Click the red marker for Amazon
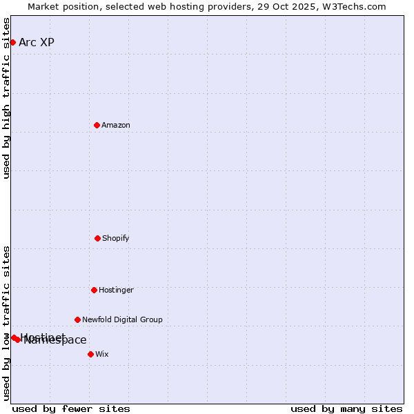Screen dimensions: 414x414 point(97,125)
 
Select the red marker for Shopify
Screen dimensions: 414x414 point(97,238)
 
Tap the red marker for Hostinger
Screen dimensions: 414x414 point(94,290)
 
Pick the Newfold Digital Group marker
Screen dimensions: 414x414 point(77,319)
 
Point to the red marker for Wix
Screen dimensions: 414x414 point(90,354)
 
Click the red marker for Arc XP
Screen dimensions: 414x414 point(12,42)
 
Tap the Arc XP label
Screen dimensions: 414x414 point(37,42)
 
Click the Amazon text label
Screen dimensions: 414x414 point(116,125)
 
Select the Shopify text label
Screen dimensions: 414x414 point(116,238)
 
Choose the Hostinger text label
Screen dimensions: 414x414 point(116,290)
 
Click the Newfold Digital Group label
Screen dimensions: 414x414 point(122,319)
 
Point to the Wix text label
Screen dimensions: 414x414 point(102,354)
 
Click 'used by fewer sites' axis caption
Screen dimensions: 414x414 point(71,408)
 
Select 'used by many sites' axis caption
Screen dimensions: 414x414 point(346,408)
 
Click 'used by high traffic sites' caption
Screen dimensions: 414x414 point(6,98)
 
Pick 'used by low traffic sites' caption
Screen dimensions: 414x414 point(6,323)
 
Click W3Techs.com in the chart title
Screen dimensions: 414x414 point(357,6)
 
